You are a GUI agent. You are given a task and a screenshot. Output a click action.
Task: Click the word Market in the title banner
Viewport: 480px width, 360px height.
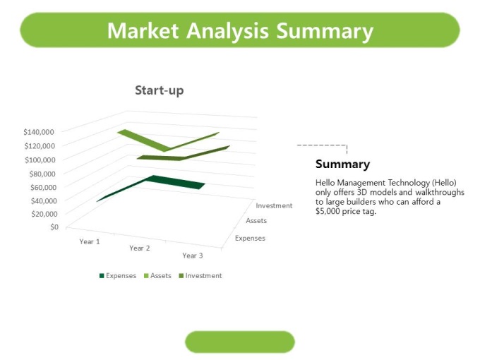point(143,30)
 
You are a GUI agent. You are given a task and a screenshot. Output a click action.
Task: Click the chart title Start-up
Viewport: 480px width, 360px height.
point(160,90)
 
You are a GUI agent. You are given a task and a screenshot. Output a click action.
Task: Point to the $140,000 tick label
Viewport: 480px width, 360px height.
point(39,132)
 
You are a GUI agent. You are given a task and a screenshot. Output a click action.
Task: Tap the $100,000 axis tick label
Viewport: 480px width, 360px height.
point(40,160)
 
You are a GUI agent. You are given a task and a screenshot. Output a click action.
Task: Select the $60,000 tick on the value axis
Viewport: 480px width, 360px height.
point(43,187)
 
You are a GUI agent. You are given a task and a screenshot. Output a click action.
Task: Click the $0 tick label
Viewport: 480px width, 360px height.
point(54,227)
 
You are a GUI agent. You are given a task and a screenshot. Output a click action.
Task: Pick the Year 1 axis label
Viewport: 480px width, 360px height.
point(90,241)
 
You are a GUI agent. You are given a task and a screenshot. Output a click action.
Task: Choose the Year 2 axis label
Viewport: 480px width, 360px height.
point(140,248)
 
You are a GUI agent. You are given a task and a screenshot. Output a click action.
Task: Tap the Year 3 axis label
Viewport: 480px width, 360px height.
point(193,256)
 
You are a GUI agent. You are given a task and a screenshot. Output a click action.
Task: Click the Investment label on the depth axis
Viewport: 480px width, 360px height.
point(274,205)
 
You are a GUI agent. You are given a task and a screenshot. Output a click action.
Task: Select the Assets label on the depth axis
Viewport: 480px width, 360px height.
point(256,221)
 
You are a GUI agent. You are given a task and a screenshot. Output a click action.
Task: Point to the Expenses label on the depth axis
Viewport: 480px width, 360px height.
point(250,238)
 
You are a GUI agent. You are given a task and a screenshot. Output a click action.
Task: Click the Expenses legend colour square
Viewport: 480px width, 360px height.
point(102,276)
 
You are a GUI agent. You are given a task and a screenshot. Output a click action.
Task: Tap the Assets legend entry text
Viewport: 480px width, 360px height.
point(161,276)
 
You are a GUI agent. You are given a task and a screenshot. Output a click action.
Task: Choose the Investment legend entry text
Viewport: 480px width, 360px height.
point(203,276)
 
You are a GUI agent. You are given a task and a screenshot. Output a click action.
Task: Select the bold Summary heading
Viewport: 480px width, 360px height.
point(342,164)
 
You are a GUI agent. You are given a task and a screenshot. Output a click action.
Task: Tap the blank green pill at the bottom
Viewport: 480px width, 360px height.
point(240,342)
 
